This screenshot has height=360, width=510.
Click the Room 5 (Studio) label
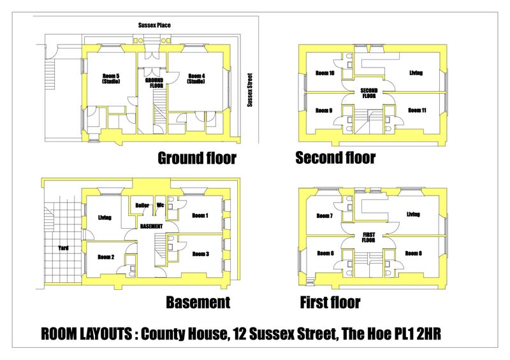[111, 79]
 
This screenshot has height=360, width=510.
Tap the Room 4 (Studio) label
[196, 79]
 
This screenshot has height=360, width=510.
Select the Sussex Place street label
[154, 25]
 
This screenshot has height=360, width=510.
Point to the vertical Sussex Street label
[250, 90]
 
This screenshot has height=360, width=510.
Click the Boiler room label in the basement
[142, 205]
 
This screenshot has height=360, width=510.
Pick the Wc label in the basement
[161, 205]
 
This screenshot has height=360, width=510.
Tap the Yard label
[63, 248]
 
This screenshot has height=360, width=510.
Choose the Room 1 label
[200, 215]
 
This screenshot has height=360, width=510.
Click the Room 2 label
[106, 257]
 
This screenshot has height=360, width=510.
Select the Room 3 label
[200, 254]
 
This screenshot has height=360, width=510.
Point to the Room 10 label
[325, 73]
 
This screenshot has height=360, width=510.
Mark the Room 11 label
[417, 110]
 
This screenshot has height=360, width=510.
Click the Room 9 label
[324, 110]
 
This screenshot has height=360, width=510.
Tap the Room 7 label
[324, 215]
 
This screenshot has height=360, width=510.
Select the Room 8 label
[413, 253]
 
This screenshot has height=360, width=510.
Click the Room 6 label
[325, 253]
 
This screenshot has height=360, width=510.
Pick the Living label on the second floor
[416, 73]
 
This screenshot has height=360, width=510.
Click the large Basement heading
[198, 303]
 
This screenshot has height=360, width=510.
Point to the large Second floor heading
[335, 158]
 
